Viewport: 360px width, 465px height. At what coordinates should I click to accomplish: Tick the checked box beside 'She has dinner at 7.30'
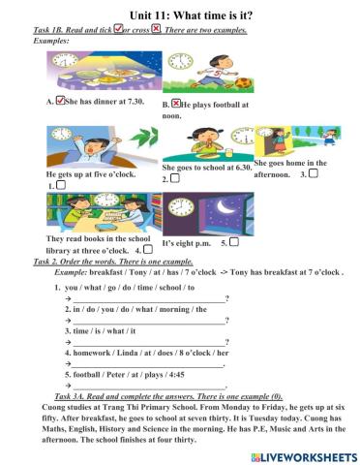(x=61, y=99)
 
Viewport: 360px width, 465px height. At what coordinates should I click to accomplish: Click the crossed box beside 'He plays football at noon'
(x=176, y=101)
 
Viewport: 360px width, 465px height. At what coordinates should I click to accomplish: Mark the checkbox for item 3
(x=313, y=173)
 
